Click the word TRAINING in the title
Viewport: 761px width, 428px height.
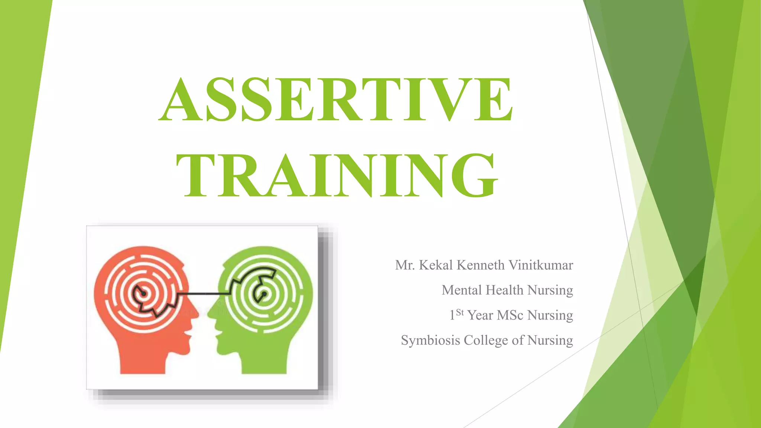click(337, 176)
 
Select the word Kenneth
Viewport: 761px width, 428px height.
click(480, 265)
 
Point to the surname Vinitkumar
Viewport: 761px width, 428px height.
click(541, 265)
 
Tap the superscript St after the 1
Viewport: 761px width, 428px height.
click(460, 312)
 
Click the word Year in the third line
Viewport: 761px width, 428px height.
click(480, 315)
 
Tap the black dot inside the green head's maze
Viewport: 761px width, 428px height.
click(264, 294)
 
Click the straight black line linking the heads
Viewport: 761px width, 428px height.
click(204, 294)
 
